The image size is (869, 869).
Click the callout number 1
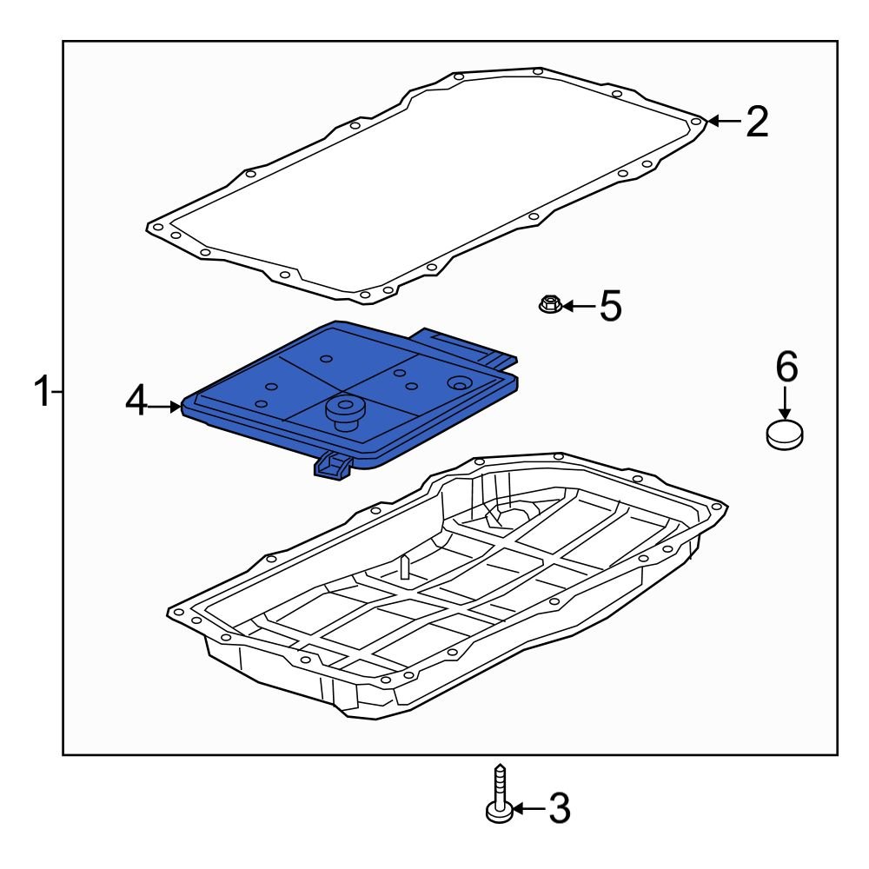click(41, 393)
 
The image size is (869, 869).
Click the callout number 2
click(756, 122)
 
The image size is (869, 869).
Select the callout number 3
click(556, 809)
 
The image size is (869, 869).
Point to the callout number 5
click(611, 306)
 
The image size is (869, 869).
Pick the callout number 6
click(786, 368)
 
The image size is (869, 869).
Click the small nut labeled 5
click(549, 304)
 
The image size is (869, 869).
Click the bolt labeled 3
click(498, 794)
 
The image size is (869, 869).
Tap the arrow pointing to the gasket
click(721, 122)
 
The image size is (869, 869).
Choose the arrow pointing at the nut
click(578, 306)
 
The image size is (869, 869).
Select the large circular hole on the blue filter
click(457, 383)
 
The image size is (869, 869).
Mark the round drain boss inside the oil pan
click(515, 516)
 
